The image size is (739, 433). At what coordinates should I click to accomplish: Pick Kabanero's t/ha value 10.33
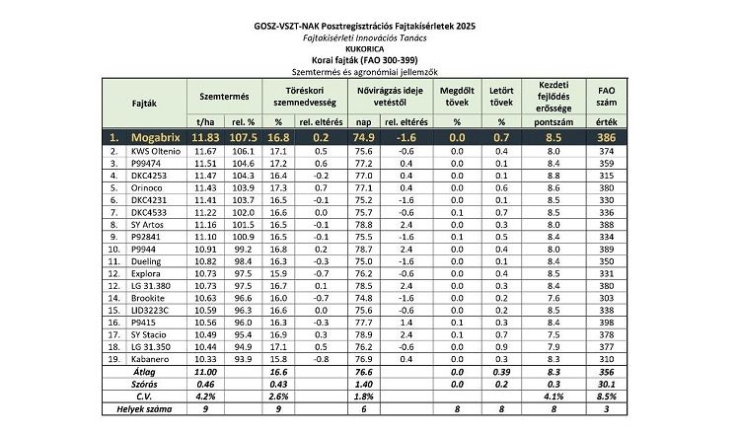(205, 359)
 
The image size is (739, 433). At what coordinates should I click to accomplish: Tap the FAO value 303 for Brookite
(608, 297)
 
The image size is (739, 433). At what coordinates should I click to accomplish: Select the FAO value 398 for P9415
(608, 322)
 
